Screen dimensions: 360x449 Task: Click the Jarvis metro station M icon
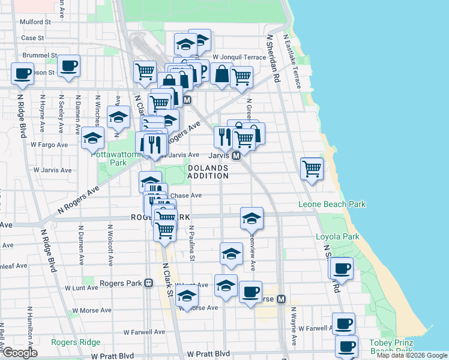click(x=237, y=155)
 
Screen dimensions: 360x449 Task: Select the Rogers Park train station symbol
click(x=148, y=283)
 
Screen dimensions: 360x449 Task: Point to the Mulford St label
click(x=35, y=22)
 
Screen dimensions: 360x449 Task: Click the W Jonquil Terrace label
click(x=239, y=57)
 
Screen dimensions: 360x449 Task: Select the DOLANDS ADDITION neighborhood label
click(x=208, y=172)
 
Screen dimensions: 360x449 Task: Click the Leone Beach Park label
click(x=332, y=205)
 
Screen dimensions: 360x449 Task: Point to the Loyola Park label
click(x=337, y=236)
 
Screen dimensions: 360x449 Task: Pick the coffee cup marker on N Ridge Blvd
click(x=22, y=73)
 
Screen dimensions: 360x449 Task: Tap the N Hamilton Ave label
click(x=29, y=327)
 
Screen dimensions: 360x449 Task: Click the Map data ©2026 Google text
click(x=412, y=355)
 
